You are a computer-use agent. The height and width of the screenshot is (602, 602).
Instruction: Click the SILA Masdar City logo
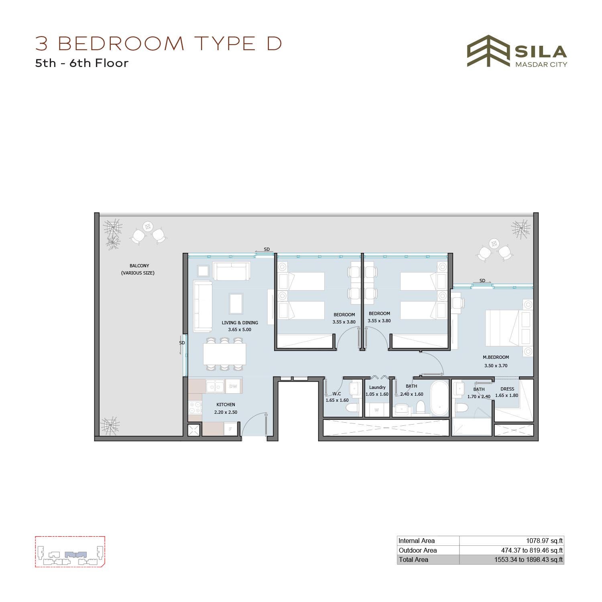(x=517, y=51)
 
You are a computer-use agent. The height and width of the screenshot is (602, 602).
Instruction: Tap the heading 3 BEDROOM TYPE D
(x=159, y=43)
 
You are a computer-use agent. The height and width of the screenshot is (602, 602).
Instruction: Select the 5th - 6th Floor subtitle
(x=82, y=63)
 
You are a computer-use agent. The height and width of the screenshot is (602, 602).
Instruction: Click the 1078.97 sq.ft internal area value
(x=544, y=541)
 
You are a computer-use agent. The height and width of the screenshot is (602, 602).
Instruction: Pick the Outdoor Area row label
(x=417, y=550)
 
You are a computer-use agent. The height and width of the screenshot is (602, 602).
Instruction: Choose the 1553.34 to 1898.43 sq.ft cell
(x=529, y=559)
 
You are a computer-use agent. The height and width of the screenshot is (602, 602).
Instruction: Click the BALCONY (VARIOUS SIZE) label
(x=138, y=269)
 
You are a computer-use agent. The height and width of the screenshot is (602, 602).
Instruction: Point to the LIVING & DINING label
(x=240, y=323)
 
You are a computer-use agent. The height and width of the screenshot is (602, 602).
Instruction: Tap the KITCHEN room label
(x=226, y=405)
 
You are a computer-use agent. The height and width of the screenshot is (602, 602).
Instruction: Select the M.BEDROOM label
(x=496, y=357)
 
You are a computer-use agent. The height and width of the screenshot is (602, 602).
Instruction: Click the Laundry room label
(x=377, y=387)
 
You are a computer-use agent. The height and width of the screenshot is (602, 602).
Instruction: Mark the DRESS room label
(x=507, y=389)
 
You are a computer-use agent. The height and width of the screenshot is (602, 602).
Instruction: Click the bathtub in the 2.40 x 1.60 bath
(x=439, y=398)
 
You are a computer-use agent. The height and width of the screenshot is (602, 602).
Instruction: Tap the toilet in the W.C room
(x=353, y=408)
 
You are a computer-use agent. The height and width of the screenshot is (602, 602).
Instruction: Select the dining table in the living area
(x=224, y=354)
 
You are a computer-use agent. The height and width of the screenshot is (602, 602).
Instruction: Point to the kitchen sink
(x=215, y=386)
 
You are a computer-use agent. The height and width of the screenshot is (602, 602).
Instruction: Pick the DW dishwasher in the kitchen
(x=233, y=386)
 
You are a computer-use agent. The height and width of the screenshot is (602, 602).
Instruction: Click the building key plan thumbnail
(x=70, y=552)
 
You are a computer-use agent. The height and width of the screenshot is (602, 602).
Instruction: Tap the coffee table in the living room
(x=236, y=303)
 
